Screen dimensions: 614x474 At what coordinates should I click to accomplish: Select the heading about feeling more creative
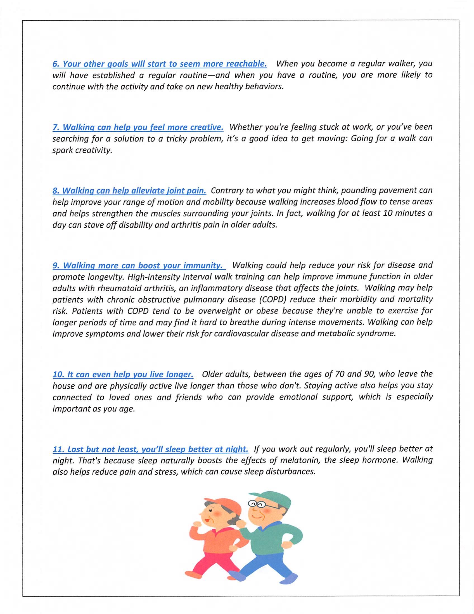[x=138, y=127]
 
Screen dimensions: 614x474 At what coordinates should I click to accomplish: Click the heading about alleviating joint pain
[x=129, y=191]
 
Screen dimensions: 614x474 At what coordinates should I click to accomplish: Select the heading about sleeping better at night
[x=150, y=449]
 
